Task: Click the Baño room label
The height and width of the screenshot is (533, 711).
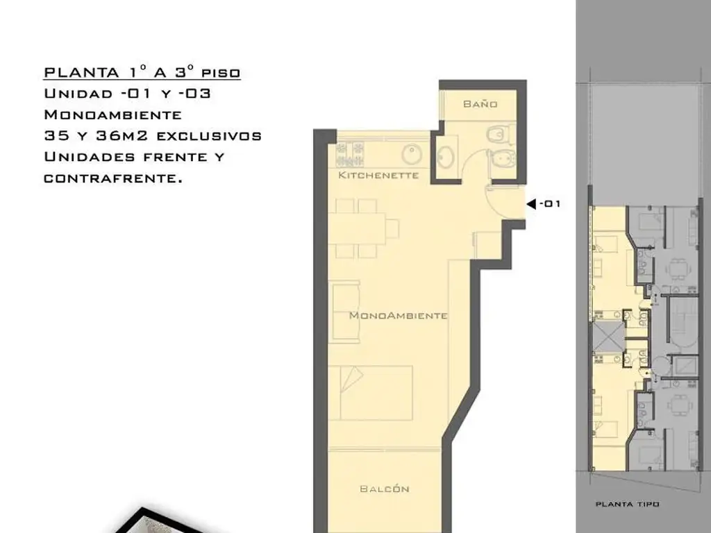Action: click(480, 104)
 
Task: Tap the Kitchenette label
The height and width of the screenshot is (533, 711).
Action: click(378, 175)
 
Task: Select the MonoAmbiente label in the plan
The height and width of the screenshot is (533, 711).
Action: click(398, 316)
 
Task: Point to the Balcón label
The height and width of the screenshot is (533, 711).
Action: click(385, 489)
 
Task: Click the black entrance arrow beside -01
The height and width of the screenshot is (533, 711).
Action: click(531, 204)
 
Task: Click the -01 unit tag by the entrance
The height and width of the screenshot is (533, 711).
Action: click(550, 204)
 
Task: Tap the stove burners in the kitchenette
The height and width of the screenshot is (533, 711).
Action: click(350, 154)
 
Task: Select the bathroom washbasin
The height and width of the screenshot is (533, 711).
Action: click(445, 156)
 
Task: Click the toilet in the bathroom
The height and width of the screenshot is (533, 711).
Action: click(500, 134)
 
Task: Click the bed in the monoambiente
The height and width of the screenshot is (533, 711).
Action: click(371, 393)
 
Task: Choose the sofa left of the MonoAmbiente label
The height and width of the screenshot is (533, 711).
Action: click(345, 312)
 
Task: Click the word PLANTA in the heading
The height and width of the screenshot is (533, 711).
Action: click(82, 72)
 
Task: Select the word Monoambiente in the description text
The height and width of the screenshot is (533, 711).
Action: click(113, 115)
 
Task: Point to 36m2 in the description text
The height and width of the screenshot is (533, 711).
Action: click(122, 135)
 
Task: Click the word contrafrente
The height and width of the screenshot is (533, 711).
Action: click(113, 178)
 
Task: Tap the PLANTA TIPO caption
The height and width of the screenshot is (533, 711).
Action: click(627, 504)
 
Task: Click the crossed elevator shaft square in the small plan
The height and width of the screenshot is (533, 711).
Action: click(609, 335)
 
